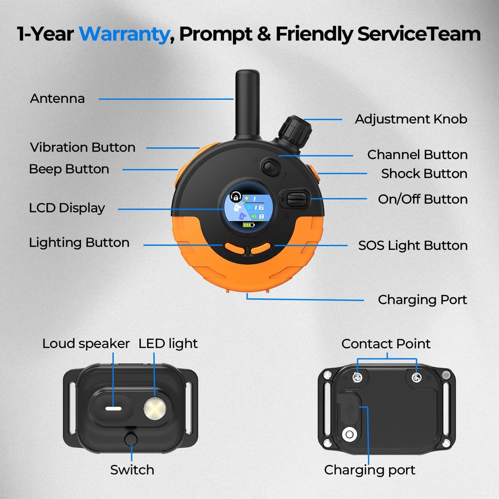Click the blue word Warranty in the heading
[x=124, y=34]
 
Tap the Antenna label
[x=57, y=99]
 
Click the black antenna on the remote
[x=248, y=104]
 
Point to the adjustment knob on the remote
[x=295, y=130]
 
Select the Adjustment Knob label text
[x=411, y=119]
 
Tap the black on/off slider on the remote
[x=296, y=200]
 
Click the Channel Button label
[x=417, y=155]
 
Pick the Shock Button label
[x=424, y=174]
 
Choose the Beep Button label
[x=69, y=169]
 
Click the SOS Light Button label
[x=413, y=246]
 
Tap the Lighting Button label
[x=79, y=243]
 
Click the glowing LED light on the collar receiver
[x=155, y=408]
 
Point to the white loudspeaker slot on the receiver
[x=114, y=409]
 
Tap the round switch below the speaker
[x=131, y=440]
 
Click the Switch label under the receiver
[x=132, y=470]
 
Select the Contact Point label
[x=386, y=344]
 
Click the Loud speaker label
[x=86, y=344]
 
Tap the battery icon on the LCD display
[x=249, y=225]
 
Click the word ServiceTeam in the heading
[x=419, y=34]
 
